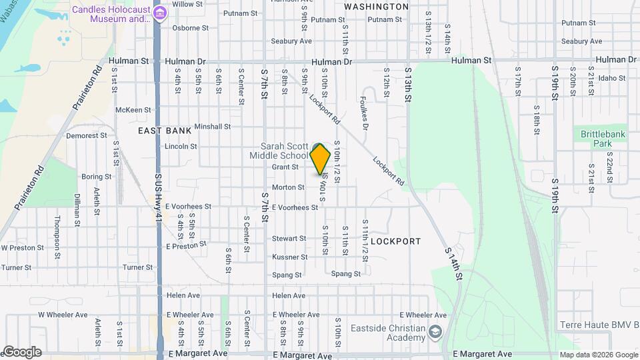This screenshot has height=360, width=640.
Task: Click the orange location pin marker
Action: click(321, 159)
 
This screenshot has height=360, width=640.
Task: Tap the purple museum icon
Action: click(159, 13)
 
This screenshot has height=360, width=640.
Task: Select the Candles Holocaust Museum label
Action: click(111, 14)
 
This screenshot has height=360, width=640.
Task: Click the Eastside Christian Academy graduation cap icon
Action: click(435, 331)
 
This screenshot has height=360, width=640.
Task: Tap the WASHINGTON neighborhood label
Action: click(377, 7)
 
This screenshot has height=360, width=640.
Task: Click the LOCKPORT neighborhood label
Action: click(395, 241)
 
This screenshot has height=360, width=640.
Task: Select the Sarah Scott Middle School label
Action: click(284, 151)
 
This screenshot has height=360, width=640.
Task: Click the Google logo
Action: click(21, 351)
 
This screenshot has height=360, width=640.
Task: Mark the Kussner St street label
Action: click(289, 257)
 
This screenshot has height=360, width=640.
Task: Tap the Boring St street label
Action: click(96, 177)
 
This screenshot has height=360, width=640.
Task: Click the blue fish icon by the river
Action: click(28, 67)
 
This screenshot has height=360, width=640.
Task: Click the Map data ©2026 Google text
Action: click(597, 354)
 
